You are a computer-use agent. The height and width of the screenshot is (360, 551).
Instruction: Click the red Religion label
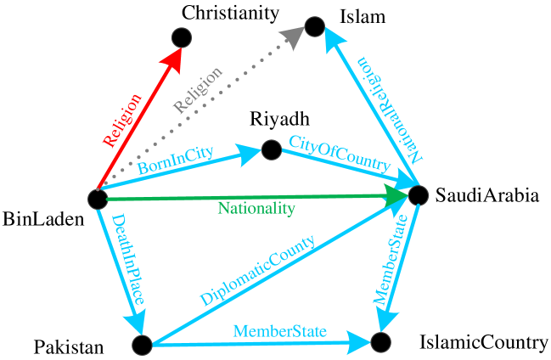[121, 121]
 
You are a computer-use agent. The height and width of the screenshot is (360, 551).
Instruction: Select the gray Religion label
[197, 90]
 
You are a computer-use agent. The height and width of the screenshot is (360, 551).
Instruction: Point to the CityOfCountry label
[340, 153]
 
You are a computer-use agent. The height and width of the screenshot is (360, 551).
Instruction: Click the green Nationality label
[256, 208]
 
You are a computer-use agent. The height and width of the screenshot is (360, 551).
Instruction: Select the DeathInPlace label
[127, 260]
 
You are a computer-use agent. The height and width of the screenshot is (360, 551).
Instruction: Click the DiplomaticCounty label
[257, 271]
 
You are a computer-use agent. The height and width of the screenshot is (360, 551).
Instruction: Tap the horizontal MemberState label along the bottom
[279, 331]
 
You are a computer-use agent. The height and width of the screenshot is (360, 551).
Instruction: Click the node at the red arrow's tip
[182, 37]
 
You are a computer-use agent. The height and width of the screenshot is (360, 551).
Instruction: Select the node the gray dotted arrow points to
[315, 26]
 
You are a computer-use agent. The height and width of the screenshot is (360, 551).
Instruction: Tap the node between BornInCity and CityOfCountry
[272, 150]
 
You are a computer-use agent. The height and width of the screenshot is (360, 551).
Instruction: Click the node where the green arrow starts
[98, 199]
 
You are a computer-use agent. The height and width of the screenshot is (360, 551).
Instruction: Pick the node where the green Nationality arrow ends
[419, 195]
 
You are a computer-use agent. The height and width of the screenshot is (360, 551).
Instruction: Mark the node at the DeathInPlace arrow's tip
[142, 345]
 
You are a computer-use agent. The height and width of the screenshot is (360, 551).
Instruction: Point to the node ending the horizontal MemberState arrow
[380, 342]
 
